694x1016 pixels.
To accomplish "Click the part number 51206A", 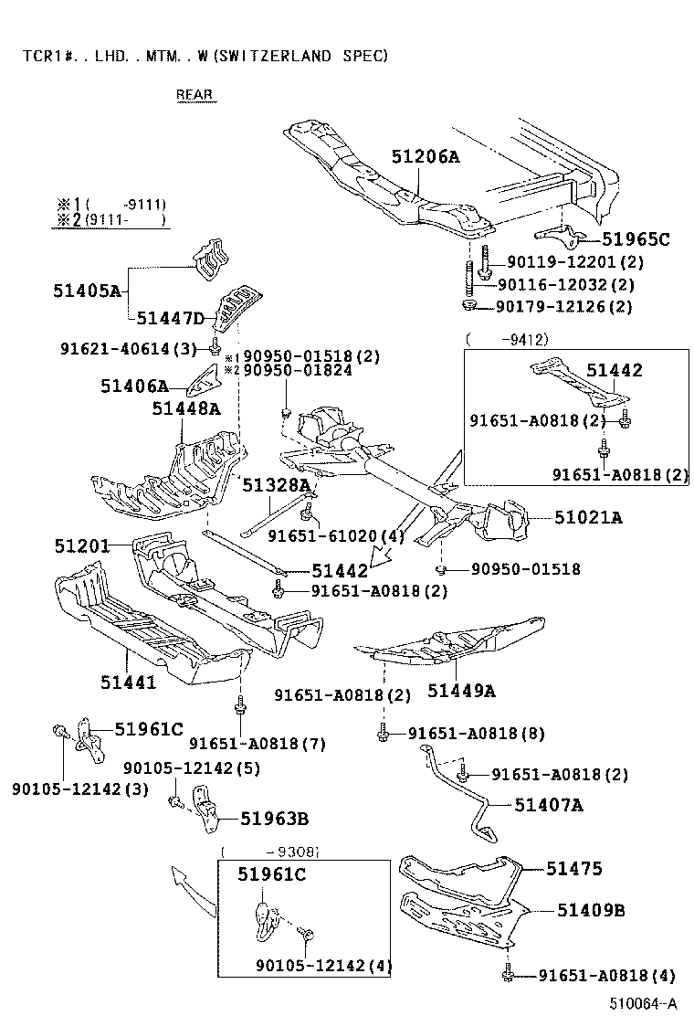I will [426, 156].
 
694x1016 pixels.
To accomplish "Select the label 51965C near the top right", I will [636, 239].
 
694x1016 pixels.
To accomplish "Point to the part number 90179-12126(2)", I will [563, 307].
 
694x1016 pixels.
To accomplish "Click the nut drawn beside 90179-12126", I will [468, 306].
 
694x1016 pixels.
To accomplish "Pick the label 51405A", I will [87, 291].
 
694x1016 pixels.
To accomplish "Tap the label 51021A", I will [589, 518].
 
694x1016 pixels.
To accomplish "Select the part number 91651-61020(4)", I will [335, 536].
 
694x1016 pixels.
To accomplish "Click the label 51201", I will [81, 546].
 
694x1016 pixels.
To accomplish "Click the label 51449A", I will [461, 691].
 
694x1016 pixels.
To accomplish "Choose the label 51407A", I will [548, 805].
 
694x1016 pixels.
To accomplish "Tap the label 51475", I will [574, 869].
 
